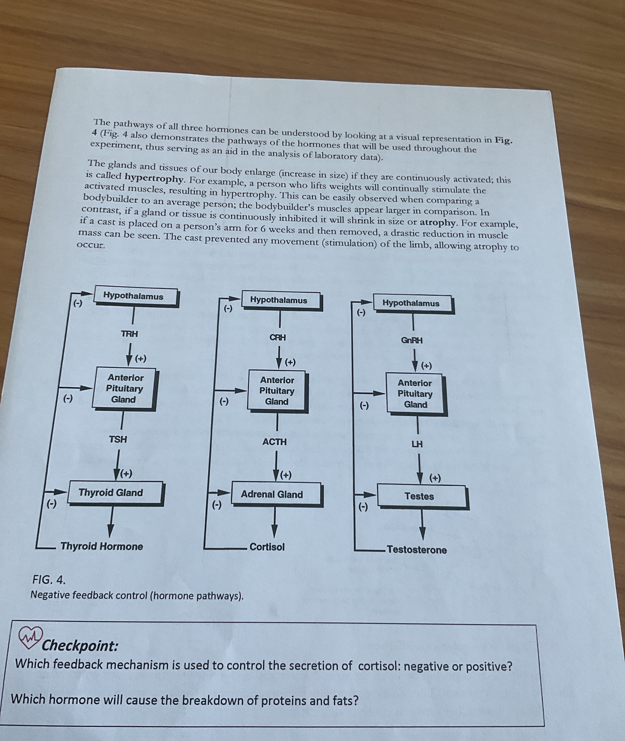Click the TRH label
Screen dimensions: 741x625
129,334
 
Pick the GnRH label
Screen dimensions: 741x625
412,340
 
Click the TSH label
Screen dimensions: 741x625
118,439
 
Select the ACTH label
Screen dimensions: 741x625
275,442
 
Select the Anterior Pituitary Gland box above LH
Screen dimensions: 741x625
415,394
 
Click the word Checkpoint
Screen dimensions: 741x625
80,645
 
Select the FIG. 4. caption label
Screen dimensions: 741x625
49,580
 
